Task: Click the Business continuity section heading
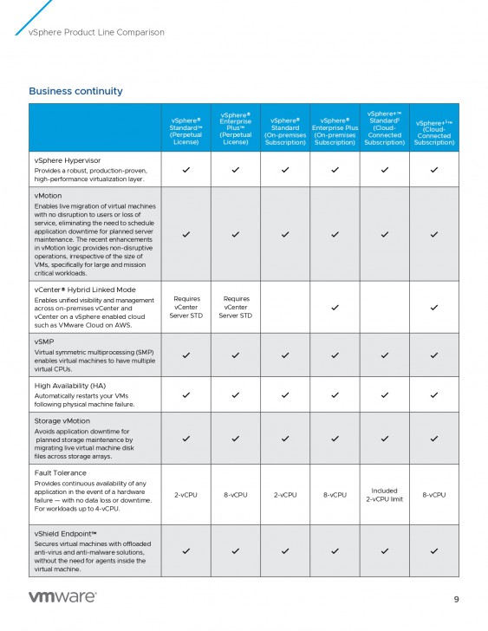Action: click(x=75, y=91)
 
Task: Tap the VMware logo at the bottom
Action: click(x=63, y=597)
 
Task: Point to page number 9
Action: click(x=456, y=599)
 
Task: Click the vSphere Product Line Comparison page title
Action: click(x=96, y=33)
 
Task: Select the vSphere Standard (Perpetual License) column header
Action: click(x=186, y=128)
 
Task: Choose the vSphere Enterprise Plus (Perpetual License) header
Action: click(x=236, y=128)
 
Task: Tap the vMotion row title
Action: click(x=48, y=197)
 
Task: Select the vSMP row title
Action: click(x=45, y=342)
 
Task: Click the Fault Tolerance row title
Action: click(x=61, y=473)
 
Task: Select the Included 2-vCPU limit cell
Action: click(x=384, y=495)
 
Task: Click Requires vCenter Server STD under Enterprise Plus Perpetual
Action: click(x=236, y=307)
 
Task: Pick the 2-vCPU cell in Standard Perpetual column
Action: click(x=186, y=495)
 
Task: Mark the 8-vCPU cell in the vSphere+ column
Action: click(x=433, y=495)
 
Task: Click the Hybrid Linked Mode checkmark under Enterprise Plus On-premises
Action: click(x=335, y=307)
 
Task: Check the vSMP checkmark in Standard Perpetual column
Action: click(x=186, y=355)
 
